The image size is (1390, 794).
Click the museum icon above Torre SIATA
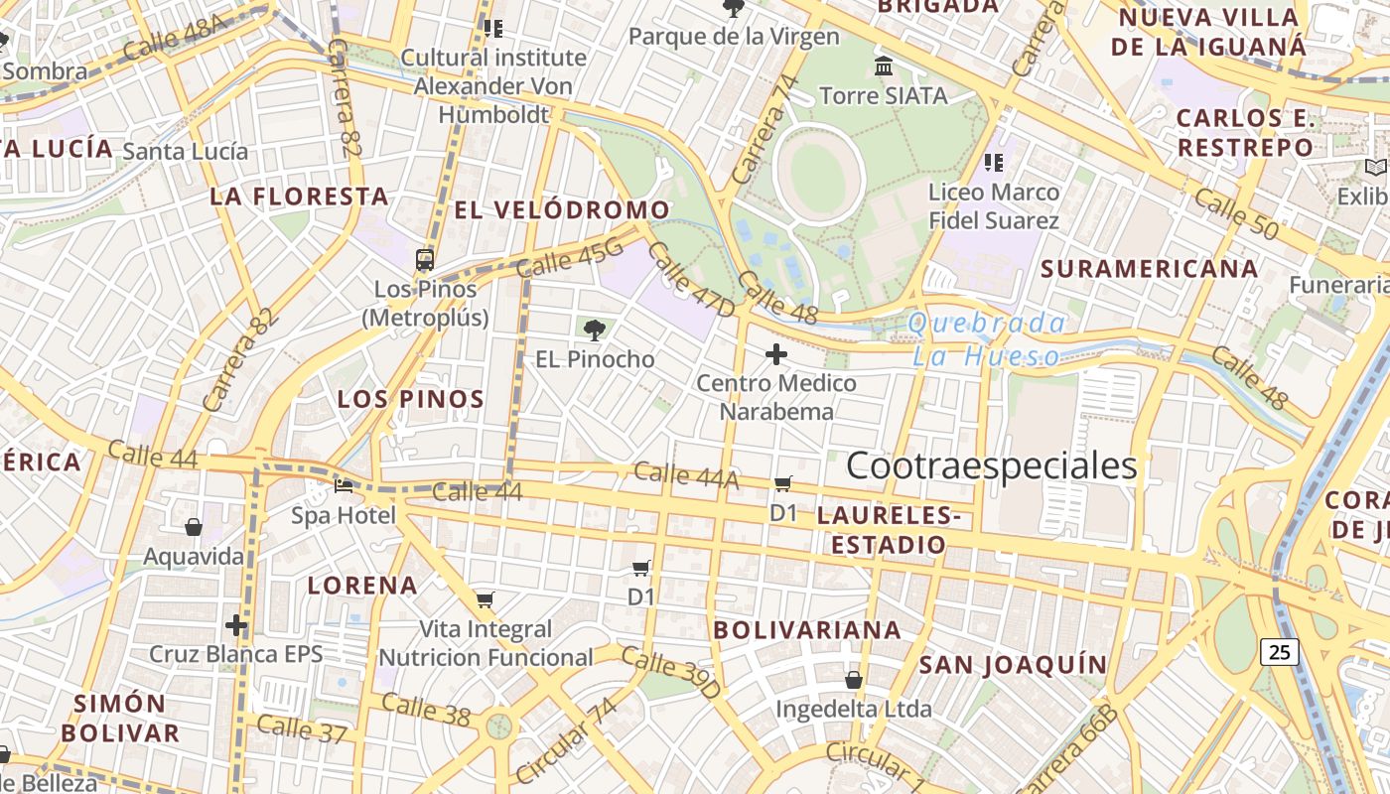click(x=883, y=66)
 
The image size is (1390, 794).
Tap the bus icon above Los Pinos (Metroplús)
click(x=425, y=260)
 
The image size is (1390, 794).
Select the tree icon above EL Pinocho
click(x=595, y=330)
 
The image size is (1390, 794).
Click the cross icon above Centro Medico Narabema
click(x=776, y=353)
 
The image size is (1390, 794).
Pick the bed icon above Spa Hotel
click(x=344, y=486)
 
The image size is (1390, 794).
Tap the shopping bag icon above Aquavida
click(x=194, y=527)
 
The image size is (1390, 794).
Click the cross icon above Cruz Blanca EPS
click(x=235, y=625)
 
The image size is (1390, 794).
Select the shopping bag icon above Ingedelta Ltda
click(x=853, y=680)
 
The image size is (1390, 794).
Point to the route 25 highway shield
click(x=1280, y=652)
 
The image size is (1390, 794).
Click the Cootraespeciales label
click(x=991, y=465)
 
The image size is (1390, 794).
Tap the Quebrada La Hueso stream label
click(x=987, y=339)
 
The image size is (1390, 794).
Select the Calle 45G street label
click(x=571, y=259)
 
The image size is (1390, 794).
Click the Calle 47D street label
click(x=691, y=280)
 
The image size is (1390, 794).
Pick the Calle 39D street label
click(x=670, y=672)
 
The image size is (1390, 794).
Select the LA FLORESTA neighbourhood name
click(x=299, y=197)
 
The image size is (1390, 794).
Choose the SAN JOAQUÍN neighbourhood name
click(x=1013, y=665)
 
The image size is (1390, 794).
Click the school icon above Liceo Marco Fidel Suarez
click(x=993, y=162)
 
